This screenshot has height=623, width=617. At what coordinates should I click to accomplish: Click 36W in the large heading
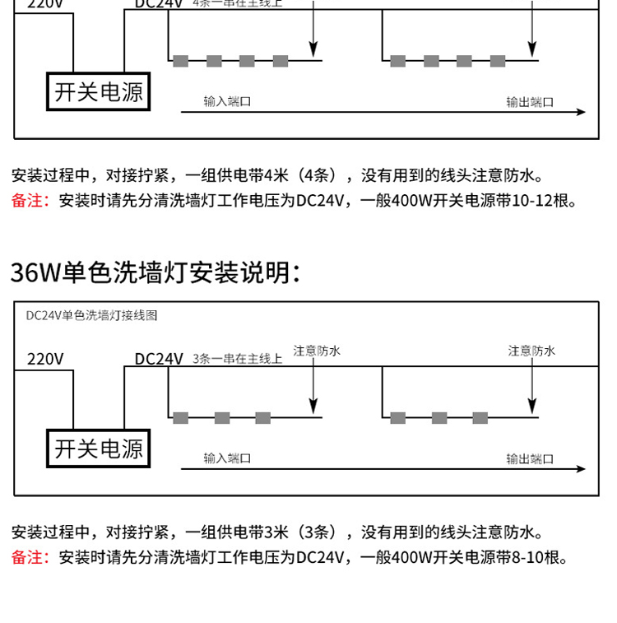(35, 272)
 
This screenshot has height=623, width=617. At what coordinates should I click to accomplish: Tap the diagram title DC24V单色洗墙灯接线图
(91, 315)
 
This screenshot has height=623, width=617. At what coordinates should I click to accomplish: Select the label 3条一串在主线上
(237, 359)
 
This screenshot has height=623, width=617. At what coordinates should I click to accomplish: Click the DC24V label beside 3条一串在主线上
(159, 359)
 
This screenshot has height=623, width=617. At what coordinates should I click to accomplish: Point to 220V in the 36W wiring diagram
(45, 359)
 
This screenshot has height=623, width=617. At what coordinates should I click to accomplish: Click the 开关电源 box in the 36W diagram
(99, 449)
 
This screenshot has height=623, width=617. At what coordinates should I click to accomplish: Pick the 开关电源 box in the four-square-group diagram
(99, 92)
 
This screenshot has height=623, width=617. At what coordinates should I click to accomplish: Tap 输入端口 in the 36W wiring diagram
(227, 458)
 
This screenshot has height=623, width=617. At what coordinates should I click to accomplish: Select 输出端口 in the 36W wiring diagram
(530, 458)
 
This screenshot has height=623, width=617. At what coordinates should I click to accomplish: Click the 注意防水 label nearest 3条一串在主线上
(317, 351)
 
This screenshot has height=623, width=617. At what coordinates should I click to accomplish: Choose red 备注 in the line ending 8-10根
(30, 557)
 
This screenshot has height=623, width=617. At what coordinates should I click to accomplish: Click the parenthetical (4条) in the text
(316, 175)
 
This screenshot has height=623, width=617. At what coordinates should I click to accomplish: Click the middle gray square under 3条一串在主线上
(222, 418)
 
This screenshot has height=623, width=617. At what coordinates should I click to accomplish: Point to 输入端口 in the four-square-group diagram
(227, 102)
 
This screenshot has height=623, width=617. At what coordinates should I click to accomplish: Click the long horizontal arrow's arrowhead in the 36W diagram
(581, 469)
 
